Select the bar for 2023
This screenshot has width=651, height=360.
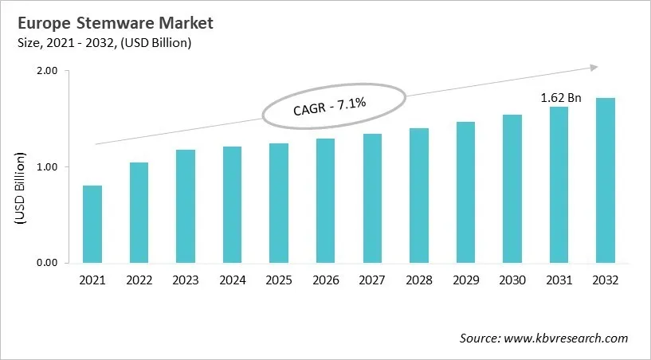point(186,206)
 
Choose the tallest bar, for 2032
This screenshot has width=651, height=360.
point(606,181)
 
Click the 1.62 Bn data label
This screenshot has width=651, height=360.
point(561,98)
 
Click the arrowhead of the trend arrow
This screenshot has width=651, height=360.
point(593,68)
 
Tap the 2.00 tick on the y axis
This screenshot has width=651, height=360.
point(48,71)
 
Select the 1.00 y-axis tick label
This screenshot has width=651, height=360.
point(48,167)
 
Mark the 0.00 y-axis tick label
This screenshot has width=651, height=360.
point(48,263)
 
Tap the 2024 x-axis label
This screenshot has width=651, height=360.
point(233,280)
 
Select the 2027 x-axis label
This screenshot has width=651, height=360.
point(373,280)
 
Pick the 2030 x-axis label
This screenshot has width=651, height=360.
point(512,280)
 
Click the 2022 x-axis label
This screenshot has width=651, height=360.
point(139,280)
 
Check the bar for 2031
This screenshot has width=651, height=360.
point(559,185)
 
